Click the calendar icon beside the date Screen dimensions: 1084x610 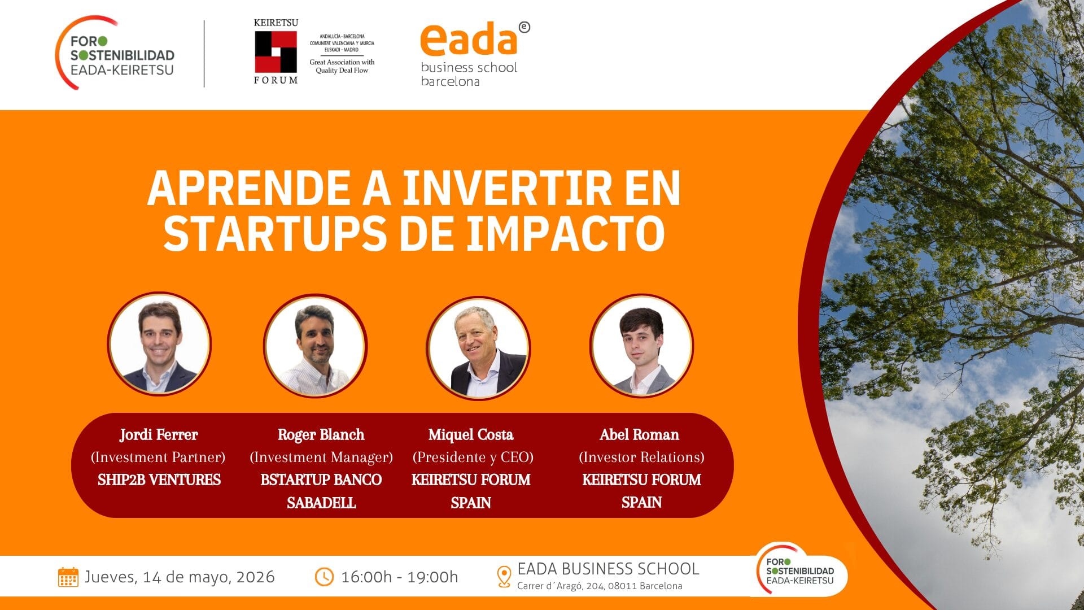68,577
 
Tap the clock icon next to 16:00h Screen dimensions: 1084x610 324,577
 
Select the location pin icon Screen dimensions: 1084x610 504,577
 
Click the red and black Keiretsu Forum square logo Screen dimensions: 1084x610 276,51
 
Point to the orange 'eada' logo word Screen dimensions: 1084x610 469,39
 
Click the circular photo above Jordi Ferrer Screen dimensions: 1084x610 159,344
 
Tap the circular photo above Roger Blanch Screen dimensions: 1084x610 316,345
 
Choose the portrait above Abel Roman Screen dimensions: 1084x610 641,345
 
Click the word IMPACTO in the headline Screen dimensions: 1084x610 566,233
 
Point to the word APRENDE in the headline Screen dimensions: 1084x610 249,188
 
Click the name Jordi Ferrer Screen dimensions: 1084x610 159,434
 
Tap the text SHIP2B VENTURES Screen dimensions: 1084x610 159,480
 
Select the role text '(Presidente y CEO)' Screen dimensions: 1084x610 473,457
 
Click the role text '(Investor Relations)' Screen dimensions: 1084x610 641,457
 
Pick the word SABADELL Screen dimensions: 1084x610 321,503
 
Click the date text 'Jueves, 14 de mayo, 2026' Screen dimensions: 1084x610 180,577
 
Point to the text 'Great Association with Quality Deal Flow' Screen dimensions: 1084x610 342,66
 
